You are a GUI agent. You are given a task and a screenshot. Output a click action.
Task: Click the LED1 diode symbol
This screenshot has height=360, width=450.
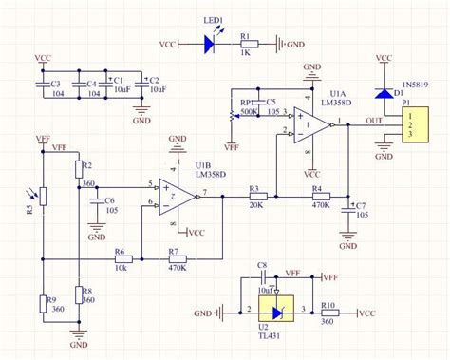[211, 43]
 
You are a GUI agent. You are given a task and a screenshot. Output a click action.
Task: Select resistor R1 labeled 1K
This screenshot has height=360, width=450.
[249, 43]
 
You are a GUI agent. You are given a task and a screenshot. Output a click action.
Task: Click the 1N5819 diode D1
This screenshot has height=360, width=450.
[383, 92]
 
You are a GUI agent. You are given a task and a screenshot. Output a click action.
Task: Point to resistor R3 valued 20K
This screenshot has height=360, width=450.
[256, 197]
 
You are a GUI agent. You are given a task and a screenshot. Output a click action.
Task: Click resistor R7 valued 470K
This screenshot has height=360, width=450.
[177, 258]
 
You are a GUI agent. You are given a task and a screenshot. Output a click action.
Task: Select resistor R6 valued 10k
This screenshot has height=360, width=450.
[122, 258]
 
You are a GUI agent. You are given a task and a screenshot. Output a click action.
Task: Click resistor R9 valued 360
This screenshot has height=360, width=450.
[43, 304]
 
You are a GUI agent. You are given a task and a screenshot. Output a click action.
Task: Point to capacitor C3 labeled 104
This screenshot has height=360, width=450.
[41, 86]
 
